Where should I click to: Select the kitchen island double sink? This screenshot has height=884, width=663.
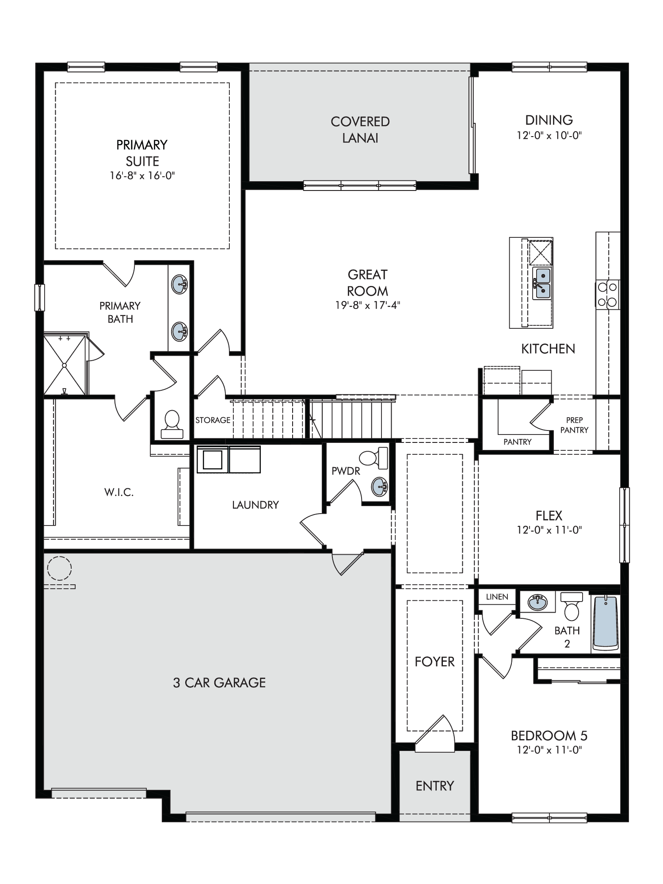click(x=542, y=283)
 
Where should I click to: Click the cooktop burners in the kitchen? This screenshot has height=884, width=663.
click(x=607, y=294)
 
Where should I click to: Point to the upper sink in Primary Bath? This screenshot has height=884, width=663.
click(x=179, y=284)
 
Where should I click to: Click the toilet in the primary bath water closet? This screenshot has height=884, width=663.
click(x=172, y=424)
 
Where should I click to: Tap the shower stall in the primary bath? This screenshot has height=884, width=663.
click(x=65, y=365)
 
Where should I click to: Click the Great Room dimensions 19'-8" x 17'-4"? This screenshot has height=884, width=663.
click(x=368, y=305)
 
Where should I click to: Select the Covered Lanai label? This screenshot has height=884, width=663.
click(x=360, y=130)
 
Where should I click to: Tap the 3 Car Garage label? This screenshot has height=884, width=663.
click(x=219, y=682)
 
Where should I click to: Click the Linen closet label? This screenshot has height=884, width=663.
click(x=497, y=597)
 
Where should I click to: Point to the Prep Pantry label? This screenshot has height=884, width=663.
click(x=574, y=425)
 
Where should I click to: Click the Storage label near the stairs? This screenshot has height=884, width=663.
click(x=213, y=420)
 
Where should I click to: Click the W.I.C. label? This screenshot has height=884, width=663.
click(x=119, y=492)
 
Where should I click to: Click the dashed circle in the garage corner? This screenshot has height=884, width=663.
click(x=59, y=568)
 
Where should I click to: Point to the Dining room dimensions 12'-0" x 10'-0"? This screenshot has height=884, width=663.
click(x=549, y=135)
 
